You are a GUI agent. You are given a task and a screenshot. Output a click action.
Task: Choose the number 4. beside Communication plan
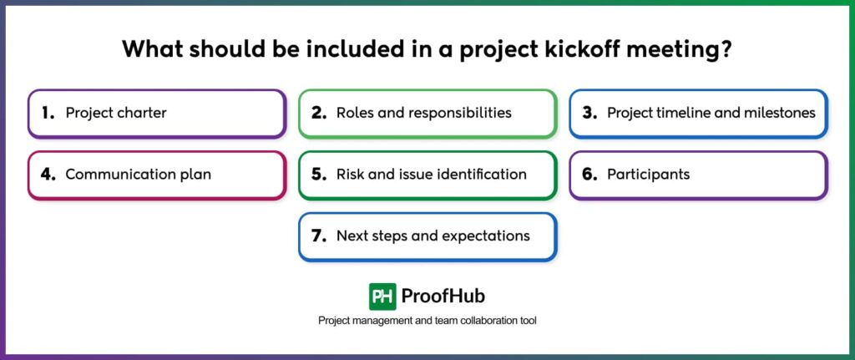pos(48,175)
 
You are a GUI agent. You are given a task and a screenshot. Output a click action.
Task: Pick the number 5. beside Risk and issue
pos(318,175)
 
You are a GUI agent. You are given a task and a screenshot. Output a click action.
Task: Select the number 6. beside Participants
pos(589,175)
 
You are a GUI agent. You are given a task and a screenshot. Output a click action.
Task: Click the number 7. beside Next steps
pos(318,236)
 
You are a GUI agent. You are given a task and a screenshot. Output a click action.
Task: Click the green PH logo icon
pos(382,297)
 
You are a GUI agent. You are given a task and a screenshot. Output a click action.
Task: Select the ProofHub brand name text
pos(443,297)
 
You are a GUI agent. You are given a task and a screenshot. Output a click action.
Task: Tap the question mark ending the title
pos(726,48)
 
